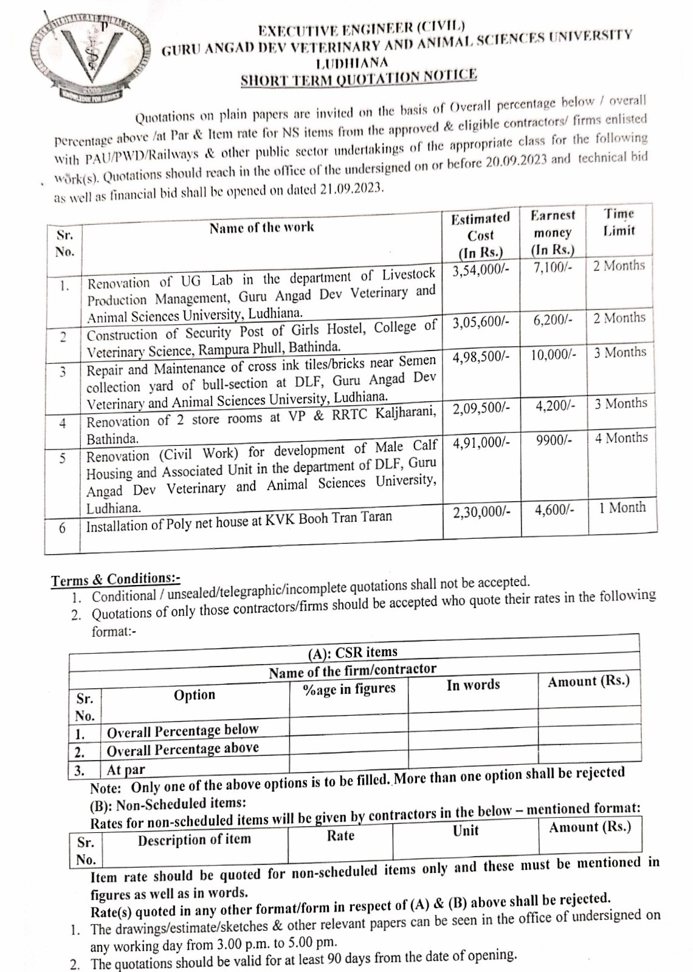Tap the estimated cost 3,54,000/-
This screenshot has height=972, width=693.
pyautogui.click(x=480, y=270)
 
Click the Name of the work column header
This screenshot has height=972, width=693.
pyautogui.click(x=262, y=228)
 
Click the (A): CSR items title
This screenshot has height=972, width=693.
pyautogui.click(x=353, y=652)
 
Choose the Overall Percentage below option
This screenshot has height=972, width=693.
pyautogui.click(x=182, y=730)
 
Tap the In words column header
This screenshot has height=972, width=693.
pyautogui.click(x=473, y=685)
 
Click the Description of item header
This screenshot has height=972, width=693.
pyautogui.click(x=194, y=840)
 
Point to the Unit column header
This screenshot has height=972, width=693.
pyautogui.click(x=466, y=831)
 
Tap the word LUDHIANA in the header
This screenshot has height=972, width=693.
pyautogui.click(x=352, y=62)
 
